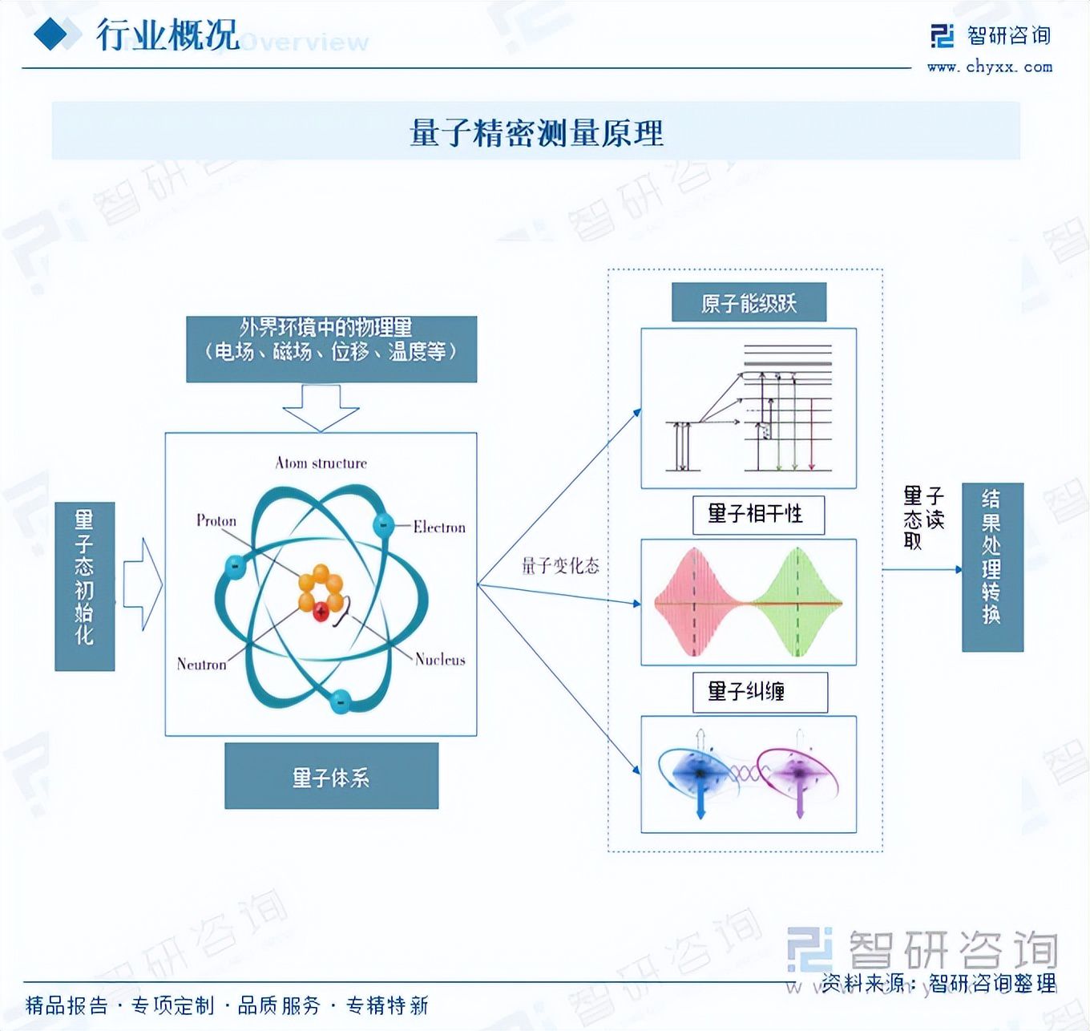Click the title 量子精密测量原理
point(536,132)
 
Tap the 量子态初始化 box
point(84,586)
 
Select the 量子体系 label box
point(331,776)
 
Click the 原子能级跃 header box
point(749,303)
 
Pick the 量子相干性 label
point(757,514)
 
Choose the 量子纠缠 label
point(759,692)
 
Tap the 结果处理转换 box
point(992,567)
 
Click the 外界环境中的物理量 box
point(331,349)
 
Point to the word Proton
point(216,520)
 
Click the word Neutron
point(201,664)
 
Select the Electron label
point(439,527)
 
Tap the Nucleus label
point(440,659)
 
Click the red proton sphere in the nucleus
point(321,612)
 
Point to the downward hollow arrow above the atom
point(321,407)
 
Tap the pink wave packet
point(693,601)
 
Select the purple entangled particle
point(798,773)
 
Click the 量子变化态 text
point(560,566)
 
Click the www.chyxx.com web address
point(990,67)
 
